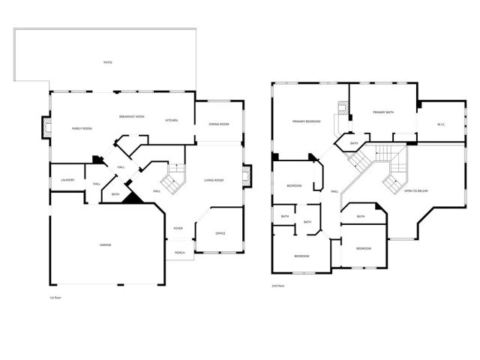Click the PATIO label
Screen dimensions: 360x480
[x=107, y=61]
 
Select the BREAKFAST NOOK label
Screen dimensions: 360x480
[x=132, y=116]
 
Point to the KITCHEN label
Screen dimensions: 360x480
[x=171, y=120]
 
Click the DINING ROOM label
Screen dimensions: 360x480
[x=219, y=124]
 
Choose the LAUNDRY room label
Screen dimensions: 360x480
[x=67, y=180]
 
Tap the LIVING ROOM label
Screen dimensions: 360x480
[x=215, y=180]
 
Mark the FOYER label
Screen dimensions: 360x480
[x=178, y=228]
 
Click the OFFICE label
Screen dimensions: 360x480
[x=220, y=233]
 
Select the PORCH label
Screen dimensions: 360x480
[x=180, y=253]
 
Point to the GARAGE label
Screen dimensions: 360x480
[x=105, y=246]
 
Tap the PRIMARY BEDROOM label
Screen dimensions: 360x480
[x=307, y=121]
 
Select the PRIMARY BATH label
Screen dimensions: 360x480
[x=383, y=112]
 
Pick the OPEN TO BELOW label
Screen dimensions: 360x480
[x=416, y=190]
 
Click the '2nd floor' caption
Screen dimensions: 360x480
[x=278, y=286]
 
